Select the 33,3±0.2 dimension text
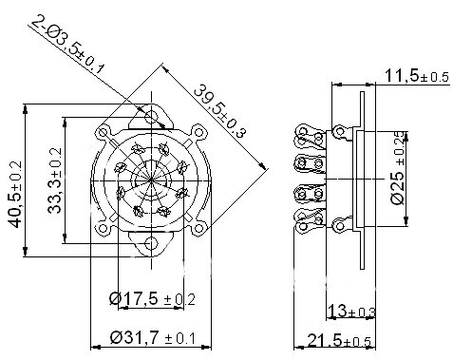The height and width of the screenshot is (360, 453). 55,180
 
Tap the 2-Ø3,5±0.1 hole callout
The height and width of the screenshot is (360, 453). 68,45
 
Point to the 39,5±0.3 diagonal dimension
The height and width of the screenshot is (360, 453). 219,111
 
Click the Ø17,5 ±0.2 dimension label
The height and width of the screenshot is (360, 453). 152,298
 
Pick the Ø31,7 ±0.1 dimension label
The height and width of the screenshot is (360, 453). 153,337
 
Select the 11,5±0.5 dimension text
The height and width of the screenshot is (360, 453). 417,76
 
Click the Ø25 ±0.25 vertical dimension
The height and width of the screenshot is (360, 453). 398,167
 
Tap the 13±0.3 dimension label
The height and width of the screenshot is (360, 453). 351,311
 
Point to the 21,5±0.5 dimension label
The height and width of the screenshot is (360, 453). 339,341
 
